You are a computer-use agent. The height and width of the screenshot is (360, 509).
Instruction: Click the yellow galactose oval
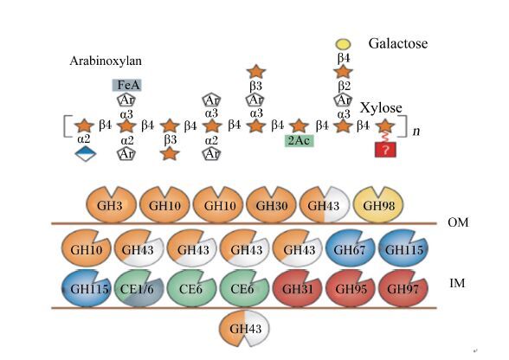[x=343, y=44]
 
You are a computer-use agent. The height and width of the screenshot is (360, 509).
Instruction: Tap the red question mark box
[x=385, y=150]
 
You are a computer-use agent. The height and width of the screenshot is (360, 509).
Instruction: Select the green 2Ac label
[x=300, y=141]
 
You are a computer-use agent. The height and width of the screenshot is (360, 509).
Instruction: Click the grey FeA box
[x=127, y=85]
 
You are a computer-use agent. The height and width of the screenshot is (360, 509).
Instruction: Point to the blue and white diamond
[x=86, y=153]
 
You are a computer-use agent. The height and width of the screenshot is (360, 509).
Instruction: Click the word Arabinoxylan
[x=106, y=61]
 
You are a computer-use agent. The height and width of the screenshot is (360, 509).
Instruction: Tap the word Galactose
[x=397, y=43]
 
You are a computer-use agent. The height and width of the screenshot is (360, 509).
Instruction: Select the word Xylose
[x=381, y=107]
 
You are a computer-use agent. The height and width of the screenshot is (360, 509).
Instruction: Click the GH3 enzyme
[x=112, y=204]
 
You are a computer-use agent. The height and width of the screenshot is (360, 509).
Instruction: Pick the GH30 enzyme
[x=271, y=204]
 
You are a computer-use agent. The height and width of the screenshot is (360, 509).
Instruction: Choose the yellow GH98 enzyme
[x=378, y=204]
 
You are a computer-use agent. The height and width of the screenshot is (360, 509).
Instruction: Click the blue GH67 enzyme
[x=350, y=248]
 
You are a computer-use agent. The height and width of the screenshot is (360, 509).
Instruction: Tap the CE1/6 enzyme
[x=139, y=288]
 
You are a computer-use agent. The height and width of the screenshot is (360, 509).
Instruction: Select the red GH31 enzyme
[x=298, y=288]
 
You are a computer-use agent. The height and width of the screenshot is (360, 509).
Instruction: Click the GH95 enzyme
[x=351, y=288]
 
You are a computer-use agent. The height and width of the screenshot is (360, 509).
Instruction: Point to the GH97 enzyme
[x=403, y=288]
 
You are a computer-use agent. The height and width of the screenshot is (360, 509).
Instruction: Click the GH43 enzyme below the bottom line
[x=245, y=328]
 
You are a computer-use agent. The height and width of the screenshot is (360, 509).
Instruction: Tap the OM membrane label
[x=458, y=222]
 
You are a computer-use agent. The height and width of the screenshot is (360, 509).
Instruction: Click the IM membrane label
[x=457, y=283]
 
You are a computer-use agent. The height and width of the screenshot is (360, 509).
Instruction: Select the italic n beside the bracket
[x=416, y=131]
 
